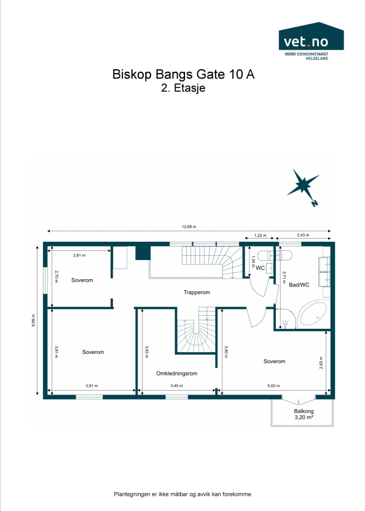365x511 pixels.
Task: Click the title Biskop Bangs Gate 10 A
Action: tap(182, 74)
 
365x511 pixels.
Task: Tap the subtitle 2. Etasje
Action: tap(182, 88)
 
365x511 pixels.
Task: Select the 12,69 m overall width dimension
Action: tap(189, 227)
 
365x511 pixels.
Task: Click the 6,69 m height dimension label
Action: tap(34, 321)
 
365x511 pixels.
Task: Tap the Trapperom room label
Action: tap(197, 293)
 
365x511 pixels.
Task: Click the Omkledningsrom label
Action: tap(176, 373)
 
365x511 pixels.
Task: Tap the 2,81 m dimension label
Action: tap(79, 255)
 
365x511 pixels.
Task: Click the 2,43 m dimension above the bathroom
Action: tap(304, 236)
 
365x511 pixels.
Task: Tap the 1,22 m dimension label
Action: tap(261, 236)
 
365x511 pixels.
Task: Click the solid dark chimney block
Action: tap(143, 252)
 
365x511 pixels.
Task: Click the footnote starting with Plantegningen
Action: tap(182, 494)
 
